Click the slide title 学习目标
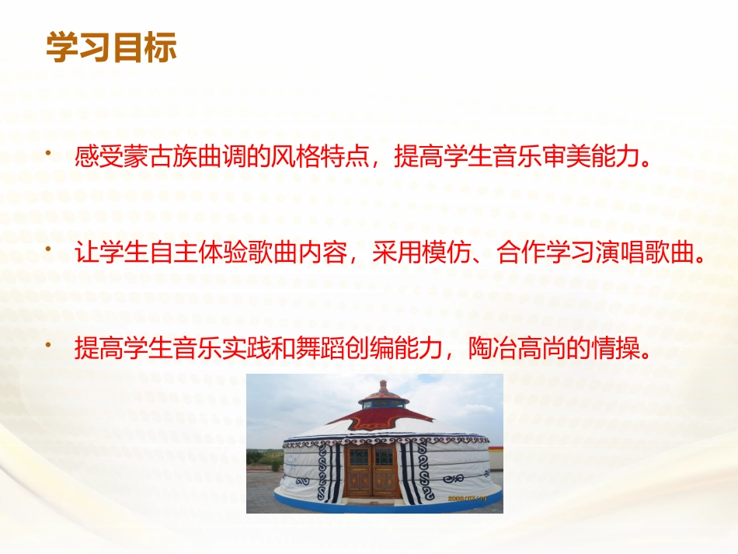point(112,47)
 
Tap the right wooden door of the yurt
point(385,471)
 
